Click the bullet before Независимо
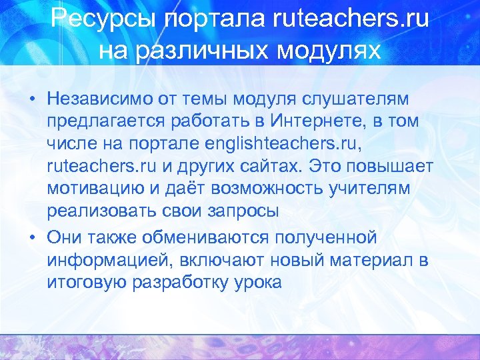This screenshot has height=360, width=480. [x=31, y=99]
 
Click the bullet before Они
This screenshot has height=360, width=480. [x=31, y=237]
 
